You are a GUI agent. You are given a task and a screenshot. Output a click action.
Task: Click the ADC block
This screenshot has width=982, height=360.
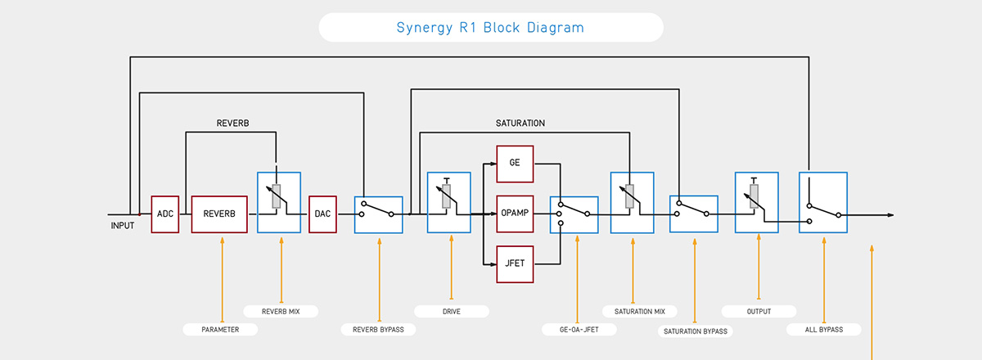pos(164,214)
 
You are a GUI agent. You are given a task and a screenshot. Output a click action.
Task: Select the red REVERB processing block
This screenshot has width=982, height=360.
pos(219,214)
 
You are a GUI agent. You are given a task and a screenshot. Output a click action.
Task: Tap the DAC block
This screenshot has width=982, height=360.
pos(322,214)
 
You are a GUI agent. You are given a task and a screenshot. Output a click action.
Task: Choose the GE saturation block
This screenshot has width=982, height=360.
pos(515,164)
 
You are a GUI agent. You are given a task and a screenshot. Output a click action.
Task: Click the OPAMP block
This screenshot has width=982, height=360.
pos(515,214)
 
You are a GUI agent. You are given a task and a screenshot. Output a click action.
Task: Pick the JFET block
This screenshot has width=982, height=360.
pos(515,264)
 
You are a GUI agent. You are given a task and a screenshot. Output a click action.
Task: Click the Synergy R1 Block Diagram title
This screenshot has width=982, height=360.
pos(490,28)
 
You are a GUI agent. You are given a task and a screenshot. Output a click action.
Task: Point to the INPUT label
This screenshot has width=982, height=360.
pos(122,225)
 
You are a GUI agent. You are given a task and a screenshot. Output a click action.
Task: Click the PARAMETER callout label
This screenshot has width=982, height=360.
pos(220,329)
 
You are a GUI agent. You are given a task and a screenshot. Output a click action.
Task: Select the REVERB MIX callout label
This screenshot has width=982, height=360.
pos(281,312)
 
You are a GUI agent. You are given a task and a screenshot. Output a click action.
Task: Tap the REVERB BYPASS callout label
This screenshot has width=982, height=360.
pos(378,329)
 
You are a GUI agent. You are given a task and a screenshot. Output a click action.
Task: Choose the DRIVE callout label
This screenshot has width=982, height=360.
pos(452,312)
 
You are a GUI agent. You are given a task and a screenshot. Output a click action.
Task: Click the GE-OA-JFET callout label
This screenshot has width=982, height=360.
pos(579,329)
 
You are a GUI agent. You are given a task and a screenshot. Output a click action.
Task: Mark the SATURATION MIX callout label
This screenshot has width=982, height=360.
pos(640,312)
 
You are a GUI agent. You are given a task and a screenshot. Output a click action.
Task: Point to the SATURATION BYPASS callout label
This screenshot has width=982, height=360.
pos(696,331)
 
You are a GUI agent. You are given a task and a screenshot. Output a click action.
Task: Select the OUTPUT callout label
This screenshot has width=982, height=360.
pos(759,312)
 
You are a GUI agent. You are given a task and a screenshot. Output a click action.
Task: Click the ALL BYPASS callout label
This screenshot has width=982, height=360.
pos(824,329)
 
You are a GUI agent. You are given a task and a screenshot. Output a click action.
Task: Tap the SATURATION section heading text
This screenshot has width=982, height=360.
pos(520,124)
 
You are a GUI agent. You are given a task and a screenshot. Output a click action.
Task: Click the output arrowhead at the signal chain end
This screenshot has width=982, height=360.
pos(890,215)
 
